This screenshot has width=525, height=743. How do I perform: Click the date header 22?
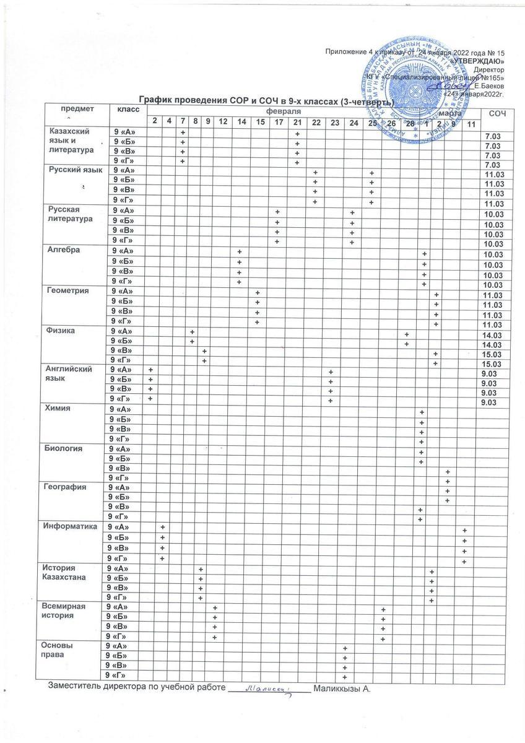point(316,120)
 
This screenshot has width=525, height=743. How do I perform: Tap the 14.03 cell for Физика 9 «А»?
point(493,335)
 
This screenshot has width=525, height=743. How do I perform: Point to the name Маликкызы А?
point(342,689)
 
